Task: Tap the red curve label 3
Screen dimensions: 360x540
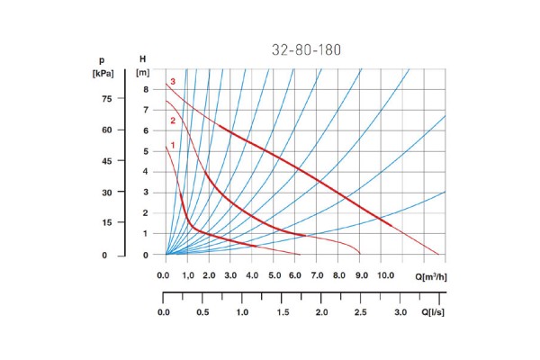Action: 171,82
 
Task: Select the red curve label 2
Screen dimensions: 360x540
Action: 171,121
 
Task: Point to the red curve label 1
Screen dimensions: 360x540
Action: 171,146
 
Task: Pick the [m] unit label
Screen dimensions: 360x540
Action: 142,73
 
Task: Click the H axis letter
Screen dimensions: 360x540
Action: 142,59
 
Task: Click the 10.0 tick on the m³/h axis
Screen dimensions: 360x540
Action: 384,276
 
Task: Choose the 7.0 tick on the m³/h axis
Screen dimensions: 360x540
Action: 318,276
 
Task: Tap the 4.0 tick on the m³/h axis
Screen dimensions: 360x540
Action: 252,276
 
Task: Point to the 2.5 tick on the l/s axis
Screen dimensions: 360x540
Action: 361,311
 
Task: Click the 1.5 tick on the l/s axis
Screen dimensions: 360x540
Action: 282,311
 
